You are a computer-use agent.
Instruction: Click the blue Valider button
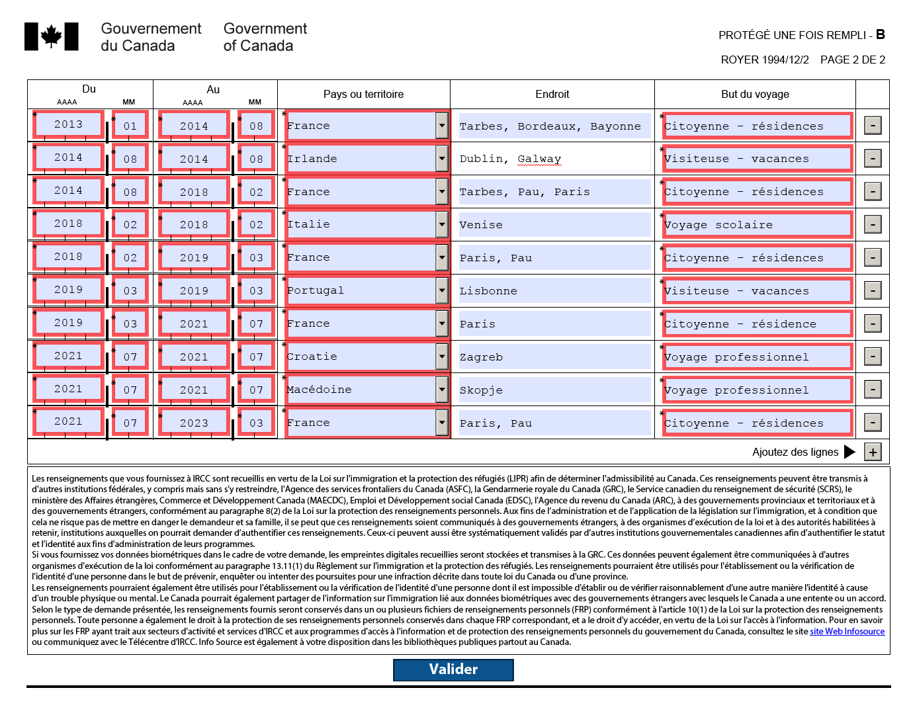(453, 669)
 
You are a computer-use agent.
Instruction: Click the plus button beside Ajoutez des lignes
(873, 452)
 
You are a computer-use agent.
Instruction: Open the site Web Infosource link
(847, 631)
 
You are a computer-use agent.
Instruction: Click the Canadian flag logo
(52, 36)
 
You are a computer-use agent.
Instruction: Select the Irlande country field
(361, 159)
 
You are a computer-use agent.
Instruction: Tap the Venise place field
(554, 225)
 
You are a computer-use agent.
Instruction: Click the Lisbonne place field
(554, 291)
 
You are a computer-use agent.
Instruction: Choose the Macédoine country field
(361, 390)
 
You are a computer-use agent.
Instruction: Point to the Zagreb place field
(554, 357)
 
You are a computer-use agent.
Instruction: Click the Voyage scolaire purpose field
(757, 225)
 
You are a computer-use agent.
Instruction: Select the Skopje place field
(554, 390)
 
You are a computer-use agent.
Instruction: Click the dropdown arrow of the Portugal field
(442, 290)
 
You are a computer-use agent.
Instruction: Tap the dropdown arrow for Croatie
(442, 357)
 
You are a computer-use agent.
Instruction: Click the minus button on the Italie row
(873, 224)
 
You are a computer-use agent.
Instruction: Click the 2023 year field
(194, 423)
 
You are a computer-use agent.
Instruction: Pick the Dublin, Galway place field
(554, 159)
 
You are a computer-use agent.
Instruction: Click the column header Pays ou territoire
(363, 94)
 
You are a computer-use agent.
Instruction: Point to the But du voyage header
(755, 94)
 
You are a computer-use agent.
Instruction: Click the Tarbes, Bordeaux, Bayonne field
(554, 126)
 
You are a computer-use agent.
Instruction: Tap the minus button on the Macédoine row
(873, 390)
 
